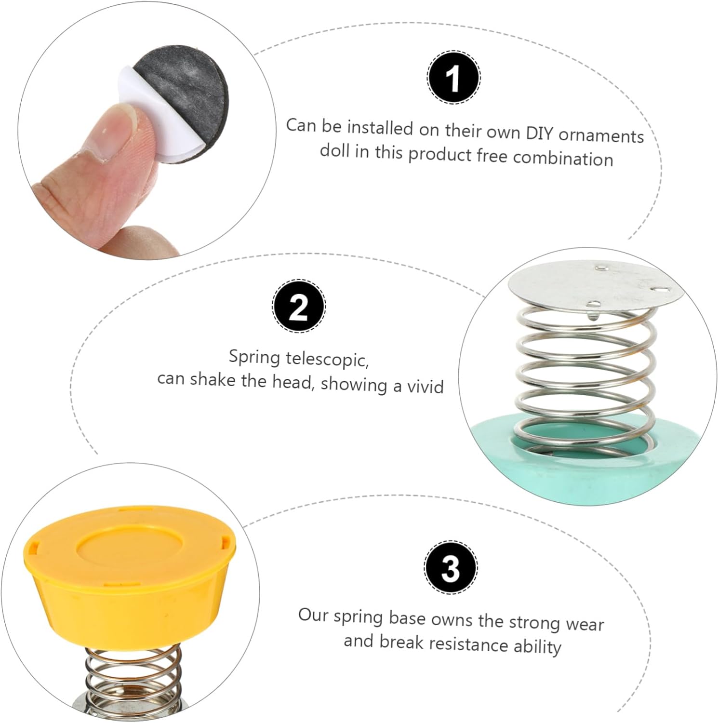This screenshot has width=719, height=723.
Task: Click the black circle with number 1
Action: click(x=453, y=78)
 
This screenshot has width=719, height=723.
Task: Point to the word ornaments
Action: click(x=601, y=135)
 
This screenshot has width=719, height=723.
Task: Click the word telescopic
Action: click(x=327, y=359)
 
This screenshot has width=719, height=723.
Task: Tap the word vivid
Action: click(x=424, y=387)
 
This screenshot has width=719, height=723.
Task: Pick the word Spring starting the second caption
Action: click(x=254, y=358)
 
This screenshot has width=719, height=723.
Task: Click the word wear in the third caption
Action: click(x=585, y=624)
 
